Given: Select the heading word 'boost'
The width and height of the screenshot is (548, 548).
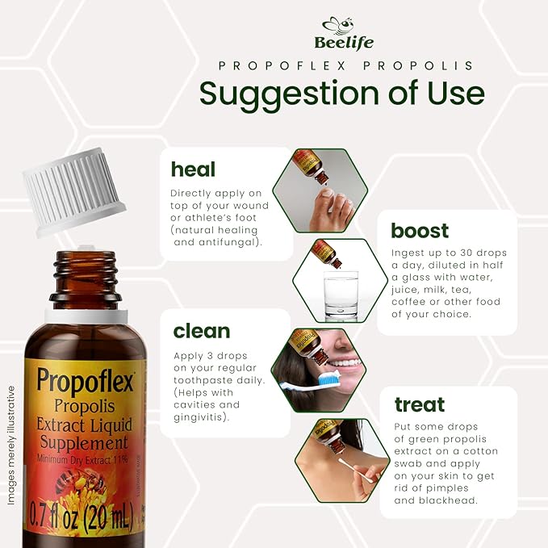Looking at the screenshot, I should (x=420, y=231).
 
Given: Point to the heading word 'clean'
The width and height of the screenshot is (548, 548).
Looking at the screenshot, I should (x=201, y=331).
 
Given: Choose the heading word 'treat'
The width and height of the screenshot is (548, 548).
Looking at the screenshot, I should (x=420, y=404).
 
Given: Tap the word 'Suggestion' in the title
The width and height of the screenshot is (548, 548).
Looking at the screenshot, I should (x=279, y=94).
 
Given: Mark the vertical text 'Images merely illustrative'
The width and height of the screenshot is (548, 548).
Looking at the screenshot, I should (x=13, y=445).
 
